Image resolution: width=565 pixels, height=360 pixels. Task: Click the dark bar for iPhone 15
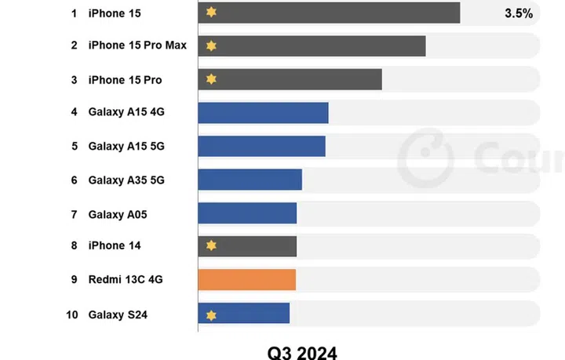click(330, 13)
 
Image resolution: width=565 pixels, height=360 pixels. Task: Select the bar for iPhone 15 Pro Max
click(312, 46)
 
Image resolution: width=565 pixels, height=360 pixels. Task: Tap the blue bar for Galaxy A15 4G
click(263, 112)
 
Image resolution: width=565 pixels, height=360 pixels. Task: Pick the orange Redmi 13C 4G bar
click(246, 280)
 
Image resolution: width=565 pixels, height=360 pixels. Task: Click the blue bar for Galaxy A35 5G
click(250, 180)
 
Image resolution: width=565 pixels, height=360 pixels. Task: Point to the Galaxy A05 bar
click(247, 213)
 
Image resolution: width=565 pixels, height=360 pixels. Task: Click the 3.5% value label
click(519, 13)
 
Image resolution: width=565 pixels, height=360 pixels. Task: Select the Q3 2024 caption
click(302, 351)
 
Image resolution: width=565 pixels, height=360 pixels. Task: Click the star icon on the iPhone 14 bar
click(210, 246)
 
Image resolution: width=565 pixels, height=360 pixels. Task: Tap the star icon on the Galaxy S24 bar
click(210, 315)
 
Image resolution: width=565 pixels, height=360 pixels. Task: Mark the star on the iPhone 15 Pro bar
click(210, 79)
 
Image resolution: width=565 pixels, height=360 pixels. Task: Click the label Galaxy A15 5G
click(126, 146)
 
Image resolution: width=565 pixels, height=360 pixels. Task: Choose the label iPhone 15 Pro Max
click(137, 45)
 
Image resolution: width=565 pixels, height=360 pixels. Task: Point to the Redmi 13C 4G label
click(126, 279)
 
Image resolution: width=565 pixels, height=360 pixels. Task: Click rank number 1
click(74, 13)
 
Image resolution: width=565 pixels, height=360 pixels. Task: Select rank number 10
click(72, 315)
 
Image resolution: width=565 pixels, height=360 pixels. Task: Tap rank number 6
click(74, 180)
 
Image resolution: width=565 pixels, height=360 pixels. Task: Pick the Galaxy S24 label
click(118, 315)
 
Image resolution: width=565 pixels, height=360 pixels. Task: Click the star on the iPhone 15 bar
click(210, 13)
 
